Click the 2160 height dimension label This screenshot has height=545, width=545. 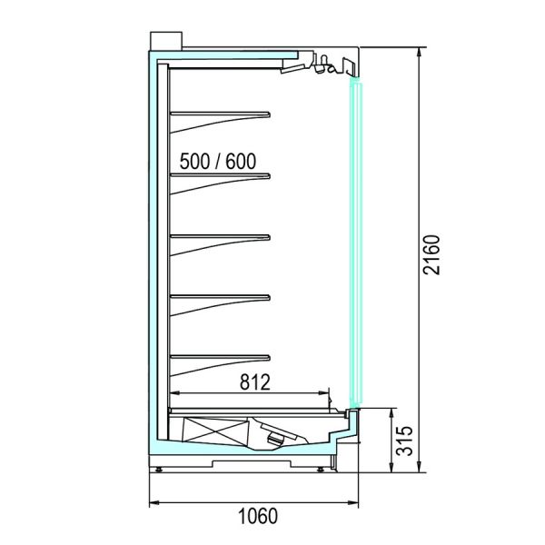[x=431, y=255]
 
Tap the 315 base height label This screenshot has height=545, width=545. [x=405, y=441]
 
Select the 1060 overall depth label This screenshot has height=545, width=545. [x=258, y=516]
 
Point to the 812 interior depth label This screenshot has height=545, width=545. [x=254, y=382]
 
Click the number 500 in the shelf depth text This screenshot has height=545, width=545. [x=195, y=162]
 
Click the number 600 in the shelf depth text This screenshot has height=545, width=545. [x=241, y=162]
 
